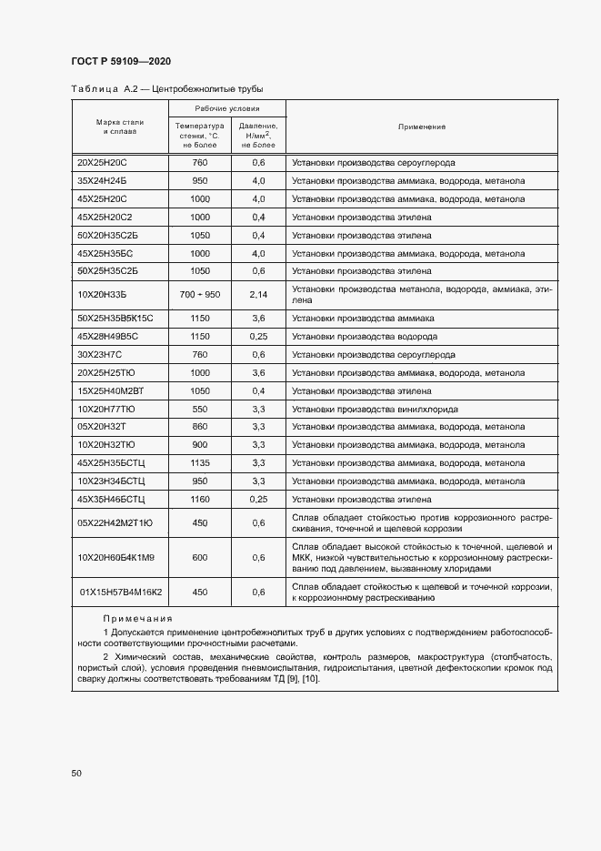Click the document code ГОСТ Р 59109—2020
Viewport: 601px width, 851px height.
[x=121, y=62]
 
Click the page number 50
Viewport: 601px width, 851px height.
[x=76, y=774]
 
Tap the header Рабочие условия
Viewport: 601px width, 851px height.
[x=227, y=108]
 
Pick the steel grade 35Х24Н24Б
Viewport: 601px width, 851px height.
[x=103, y=181]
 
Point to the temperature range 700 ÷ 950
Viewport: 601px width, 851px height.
[x=200, y=295]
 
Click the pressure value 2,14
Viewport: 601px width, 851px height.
[x=258, y=295]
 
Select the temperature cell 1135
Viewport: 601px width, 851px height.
[x=200, y=462]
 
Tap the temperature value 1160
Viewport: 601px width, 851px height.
[x=200, y=499]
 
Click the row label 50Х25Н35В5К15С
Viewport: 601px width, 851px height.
[x=115, y=319]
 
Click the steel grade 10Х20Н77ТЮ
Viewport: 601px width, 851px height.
[x=106, y=409]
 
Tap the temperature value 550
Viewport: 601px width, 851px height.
[x=200, y=409]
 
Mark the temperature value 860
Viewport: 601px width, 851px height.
[x=200, y=427]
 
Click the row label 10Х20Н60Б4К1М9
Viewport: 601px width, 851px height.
[x=116, y=558]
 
